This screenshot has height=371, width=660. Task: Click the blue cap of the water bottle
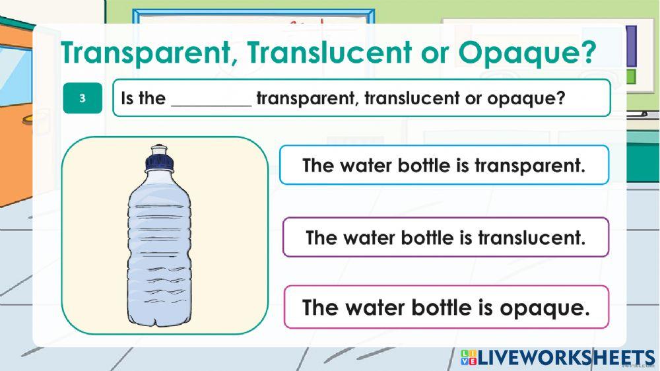[x=158, y=158]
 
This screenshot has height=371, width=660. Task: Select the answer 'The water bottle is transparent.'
[x=444, y=165]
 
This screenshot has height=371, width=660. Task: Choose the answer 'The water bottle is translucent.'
[x=445, y=237]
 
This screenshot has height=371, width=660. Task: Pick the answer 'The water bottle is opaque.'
[x=445, y=308]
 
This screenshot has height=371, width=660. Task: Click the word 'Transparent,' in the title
[x=148, y=53]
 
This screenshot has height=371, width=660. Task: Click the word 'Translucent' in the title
[x=330, y=53]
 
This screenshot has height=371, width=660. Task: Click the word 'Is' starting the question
[x=128, y=99]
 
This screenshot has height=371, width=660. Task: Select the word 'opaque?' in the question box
[x=526, y=100]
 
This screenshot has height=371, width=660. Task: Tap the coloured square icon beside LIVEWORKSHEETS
[x=469, y=358]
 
